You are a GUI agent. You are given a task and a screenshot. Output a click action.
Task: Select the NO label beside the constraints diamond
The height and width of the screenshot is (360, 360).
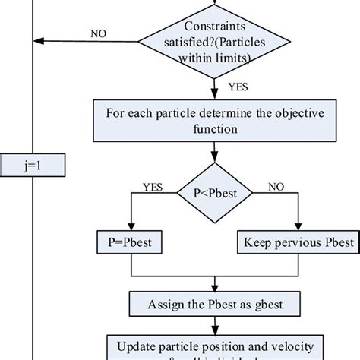coord(99,33)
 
